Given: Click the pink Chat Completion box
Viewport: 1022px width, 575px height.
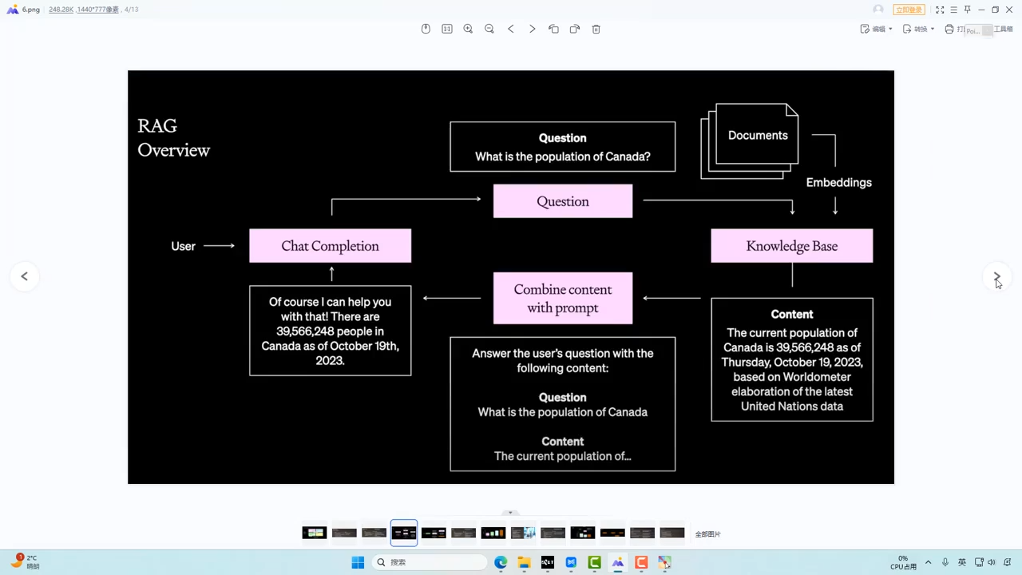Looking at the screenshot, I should tap(330, 246).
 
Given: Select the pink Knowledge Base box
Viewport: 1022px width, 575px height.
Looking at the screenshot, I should tap(791, 246).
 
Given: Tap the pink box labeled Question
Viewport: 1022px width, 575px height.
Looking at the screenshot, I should tap(562, 201).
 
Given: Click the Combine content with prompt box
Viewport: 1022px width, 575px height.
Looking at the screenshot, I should tap(562, 299).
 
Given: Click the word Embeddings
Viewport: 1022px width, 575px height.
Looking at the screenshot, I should tap(838, 183).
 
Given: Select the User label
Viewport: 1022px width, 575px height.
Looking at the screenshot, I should tap(183, 246).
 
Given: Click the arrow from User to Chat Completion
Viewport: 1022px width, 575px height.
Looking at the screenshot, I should tap(219, 246).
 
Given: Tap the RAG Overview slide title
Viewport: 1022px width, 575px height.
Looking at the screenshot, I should tap(173, 138).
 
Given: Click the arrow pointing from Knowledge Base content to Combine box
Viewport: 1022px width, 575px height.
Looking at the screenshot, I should tap(671, 299).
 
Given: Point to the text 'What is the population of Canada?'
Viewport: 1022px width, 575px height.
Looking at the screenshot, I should tap(562, 157).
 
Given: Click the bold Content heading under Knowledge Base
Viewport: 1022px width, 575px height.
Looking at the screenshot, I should tap(791, 315).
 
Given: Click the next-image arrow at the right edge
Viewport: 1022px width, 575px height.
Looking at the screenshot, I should tap(996, 276).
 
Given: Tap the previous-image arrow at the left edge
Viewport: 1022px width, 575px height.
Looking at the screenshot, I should tap(25, 276).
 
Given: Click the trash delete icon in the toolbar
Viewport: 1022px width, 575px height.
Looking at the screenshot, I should tap(596, 29).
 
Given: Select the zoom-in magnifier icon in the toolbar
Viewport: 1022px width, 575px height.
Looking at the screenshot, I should tap(468, 29).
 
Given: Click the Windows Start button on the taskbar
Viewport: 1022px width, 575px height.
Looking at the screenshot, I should tap(358, 562).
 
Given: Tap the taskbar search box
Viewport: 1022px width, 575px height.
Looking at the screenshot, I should tap(431, 562).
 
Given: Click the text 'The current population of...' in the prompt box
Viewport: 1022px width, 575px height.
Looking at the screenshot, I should tap(562, 456).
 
